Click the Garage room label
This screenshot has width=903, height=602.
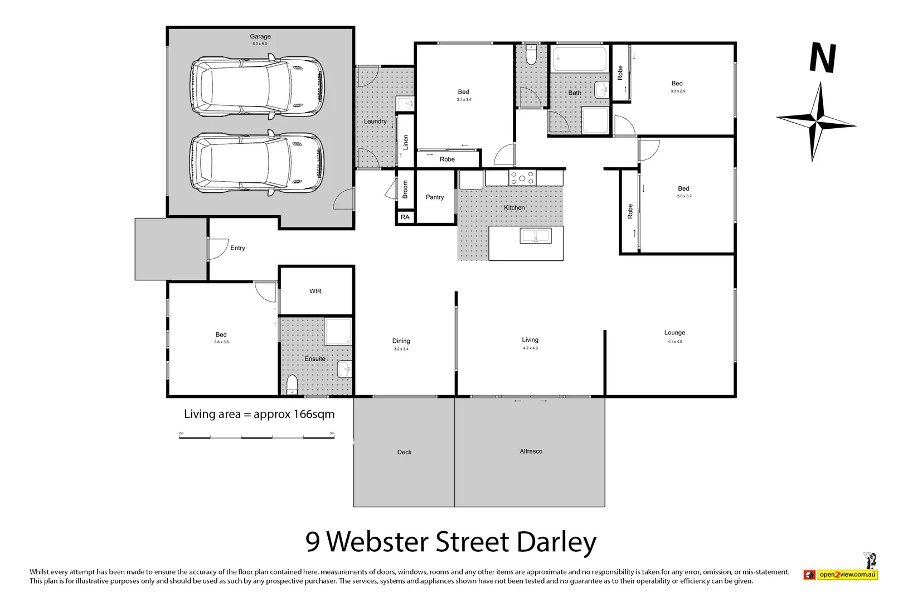point(260,36)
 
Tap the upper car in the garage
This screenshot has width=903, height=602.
point(257,86)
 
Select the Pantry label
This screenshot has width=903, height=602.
point(435,197)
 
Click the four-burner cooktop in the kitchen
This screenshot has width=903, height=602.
point(522,178)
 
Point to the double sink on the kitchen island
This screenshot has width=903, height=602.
point(535,236)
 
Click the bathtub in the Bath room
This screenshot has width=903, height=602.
point(580,59)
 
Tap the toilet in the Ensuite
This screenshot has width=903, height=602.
point(292,385)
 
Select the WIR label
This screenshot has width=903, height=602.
point(315,291)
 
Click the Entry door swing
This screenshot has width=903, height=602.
point(217,249)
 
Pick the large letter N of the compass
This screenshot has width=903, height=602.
point(823,58)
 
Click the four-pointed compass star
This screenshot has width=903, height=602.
point(816,122)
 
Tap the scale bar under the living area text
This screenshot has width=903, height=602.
point(256,438)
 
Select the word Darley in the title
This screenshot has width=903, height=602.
point(556,542)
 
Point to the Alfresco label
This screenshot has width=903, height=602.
point(531,452)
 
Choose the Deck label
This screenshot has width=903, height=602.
point(404,452)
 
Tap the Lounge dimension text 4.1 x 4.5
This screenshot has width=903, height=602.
point(674,342)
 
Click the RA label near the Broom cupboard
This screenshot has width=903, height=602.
point(405,217)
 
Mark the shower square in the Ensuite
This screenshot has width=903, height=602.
point(338,331)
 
